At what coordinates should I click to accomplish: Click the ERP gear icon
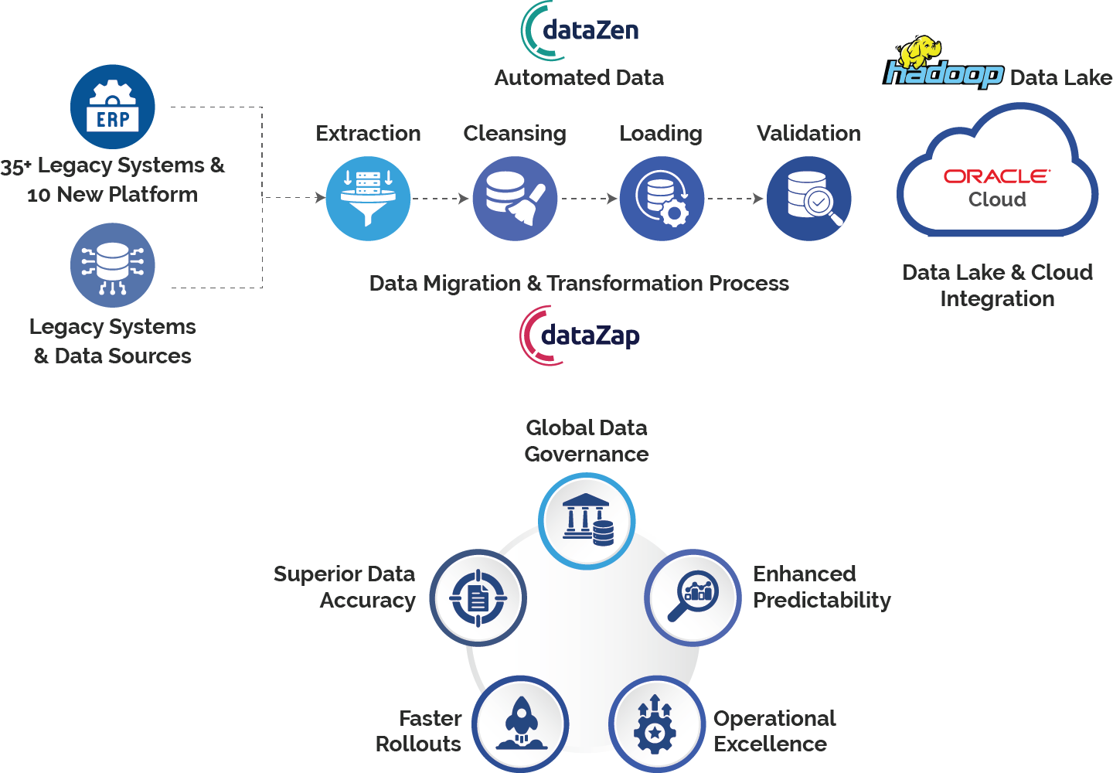pos(113,107)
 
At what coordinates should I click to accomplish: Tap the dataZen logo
pos(580,31)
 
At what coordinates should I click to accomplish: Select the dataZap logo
pos(580,335)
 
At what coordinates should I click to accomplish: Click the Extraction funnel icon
pos(368,199)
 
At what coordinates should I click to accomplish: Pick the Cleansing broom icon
pos(515,199)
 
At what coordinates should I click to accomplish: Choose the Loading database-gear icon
pos(662,199)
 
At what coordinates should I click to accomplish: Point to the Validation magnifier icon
pos(808,199)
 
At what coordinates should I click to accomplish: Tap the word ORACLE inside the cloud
pos(996,177)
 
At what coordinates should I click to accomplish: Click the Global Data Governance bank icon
pos(587,521)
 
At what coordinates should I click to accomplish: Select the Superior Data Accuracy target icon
pos(478,598)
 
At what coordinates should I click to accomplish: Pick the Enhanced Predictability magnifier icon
pos(693,598)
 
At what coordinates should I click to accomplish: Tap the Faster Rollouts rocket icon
pos(520,724)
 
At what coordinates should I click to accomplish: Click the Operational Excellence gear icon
pos(656,724)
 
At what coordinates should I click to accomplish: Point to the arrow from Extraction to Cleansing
pos(441,199)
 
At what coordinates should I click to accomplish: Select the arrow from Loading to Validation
pos(735,199)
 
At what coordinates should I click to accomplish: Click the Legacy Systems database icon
pos(113,265)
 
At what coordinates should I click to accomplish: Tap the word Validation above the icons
pos(808,134)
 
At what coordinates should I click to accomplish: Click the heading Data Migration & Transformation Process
pos(579,284)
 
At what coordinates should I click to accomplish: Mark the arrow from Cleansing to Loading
pos(589,199)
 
